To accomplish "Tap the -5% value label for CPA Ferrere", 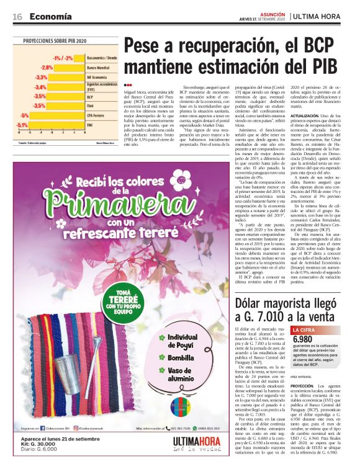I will pos(25,115).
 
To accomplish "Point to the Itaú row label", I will pos(91,106).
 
